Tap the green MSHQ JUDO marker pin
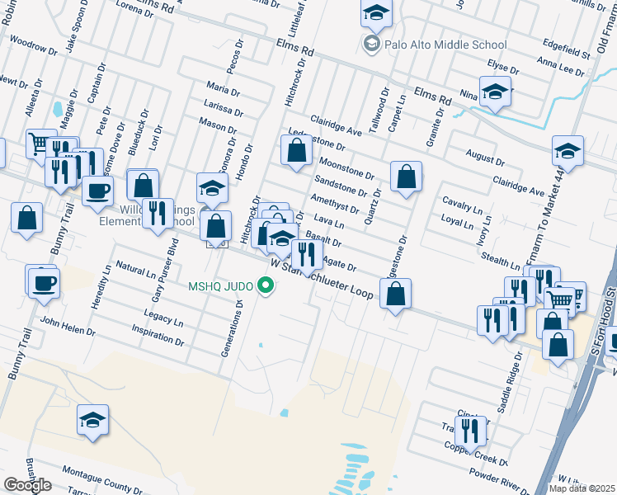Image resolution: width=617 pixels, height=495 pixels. (266, 286)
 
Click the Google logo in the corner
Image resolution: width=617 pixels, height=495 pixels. (27, 485)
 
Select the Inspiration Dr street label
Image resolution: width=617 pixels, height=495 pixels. (158, 335)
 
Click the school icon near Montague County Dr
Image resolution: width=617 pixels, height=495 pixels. (93, 419)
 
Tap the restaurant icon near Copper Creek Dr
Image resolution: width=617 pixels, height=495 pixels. (471, 429)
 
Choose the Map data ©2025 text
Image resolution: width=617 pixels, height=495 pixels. (582, 488)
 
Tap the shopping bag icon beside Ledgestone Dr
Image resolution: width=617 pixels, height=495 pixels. (296, 151)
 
